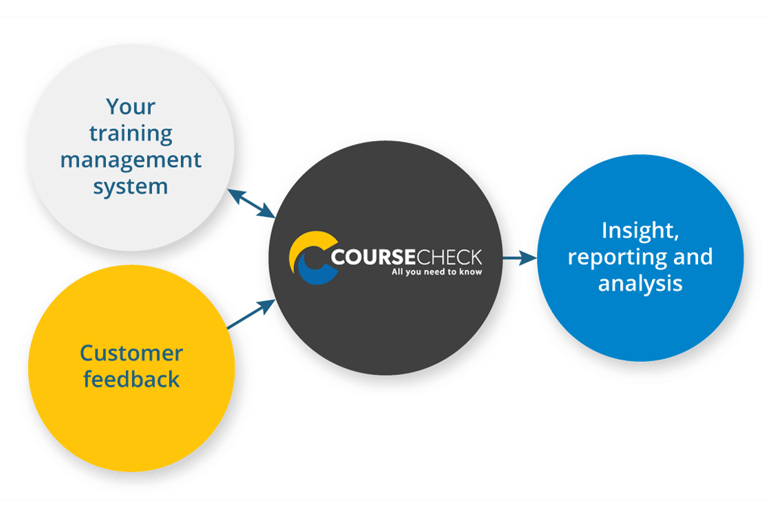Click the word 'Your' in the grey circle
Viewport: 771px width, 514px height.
tap(131, 107)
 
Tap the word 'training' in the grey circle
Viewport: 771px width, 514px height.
tap(131, 133)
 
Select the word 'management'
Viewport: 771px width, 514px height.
tap(131, 160)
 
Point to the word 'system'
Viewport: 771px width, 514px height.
tap(131, 186)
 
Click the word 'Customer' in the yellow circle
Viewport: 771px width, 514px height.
tap(131, 353)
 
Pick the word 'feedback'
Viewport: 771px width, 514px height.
tap(131, 379)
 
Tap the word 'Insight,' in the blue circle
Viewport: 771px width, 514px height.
tap(640, 230)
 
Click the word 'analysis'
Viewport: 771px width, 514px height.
tap(640, 283)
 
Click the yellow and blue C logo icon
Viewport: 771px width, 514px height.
tap(311, 258)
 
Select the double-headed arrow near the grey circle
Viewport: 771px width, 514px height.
tap(252, 204)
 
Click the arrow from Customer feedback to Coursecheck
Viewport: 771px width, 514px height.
tap(251, 314)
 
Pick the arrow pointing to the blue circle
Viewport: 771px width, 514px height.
tap(519, 258)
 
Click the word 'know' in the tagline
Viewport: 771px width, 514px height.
tap(472, 272)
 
